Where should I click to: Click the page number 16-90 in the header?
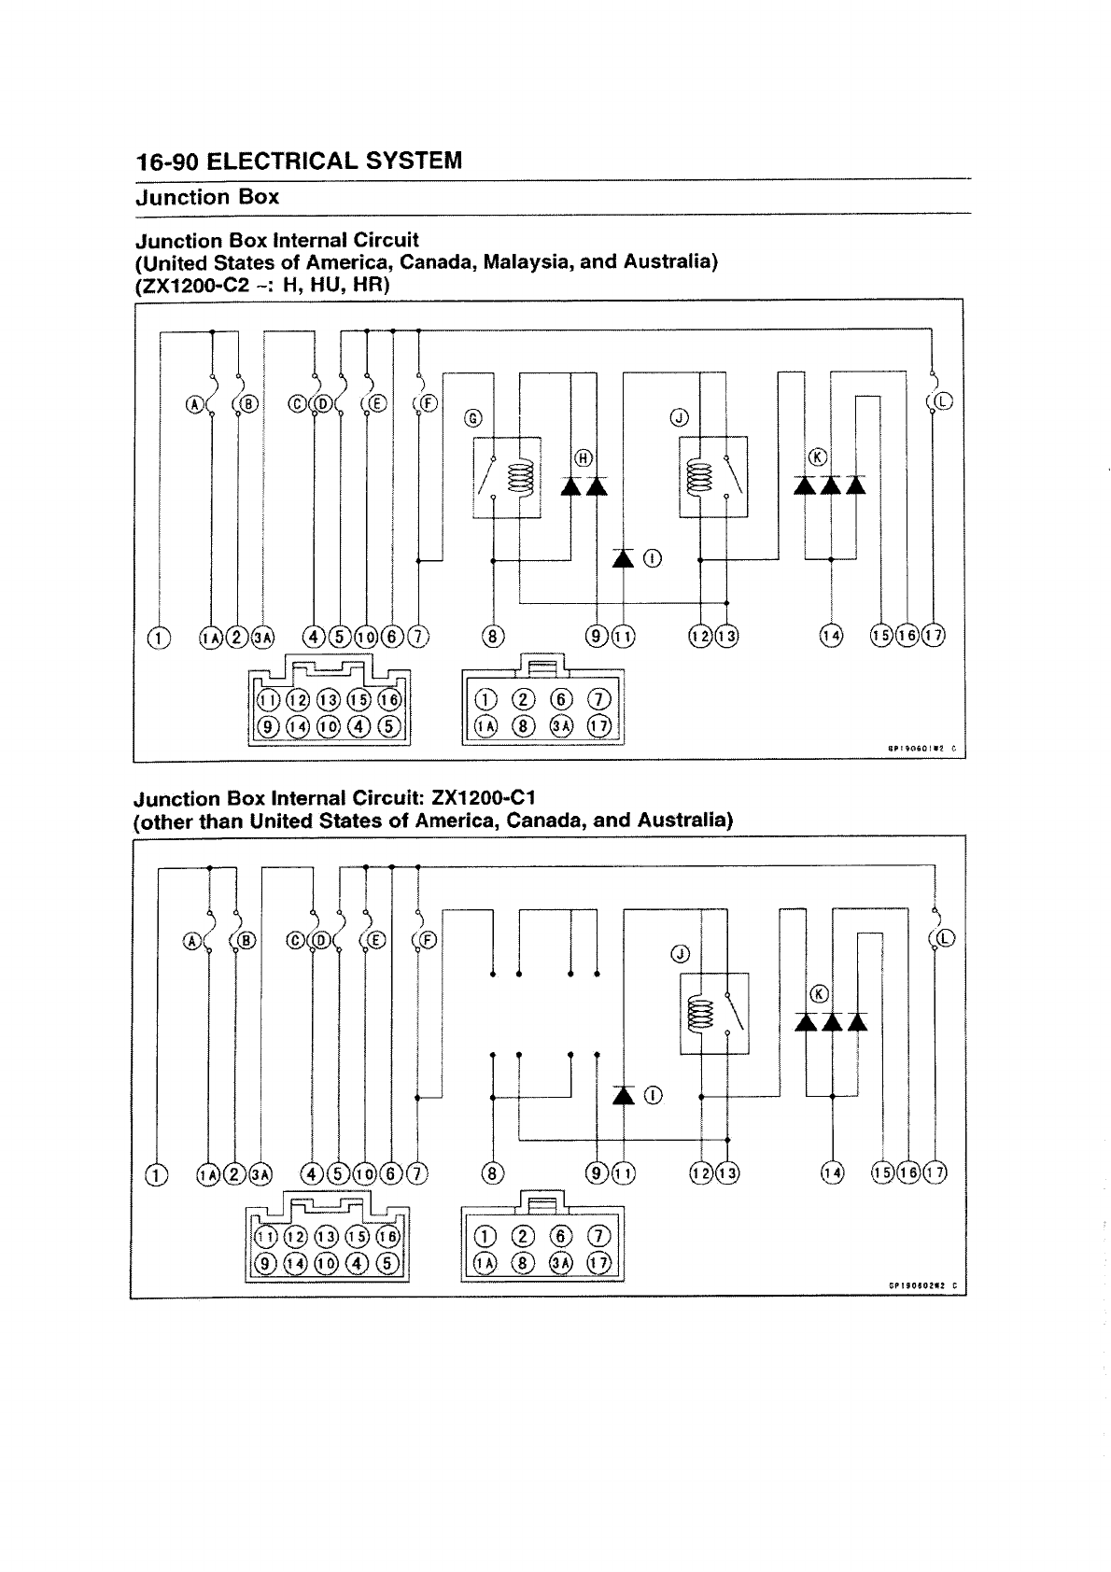click(x=166, y=161)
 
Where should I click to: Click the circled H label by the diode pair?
click(x=584, y=457)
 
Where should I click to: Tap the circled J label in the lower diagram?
click(x=680, y=954)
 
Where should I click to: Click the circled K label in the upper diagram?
click(x=819, y=456)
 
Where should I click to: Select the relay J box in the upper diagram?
click(x=712, y=476)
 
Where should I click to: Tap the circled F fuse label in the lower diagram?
click(x=429, y=940)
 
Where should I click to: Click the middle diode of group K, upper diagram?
click(x=830, y=485)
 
